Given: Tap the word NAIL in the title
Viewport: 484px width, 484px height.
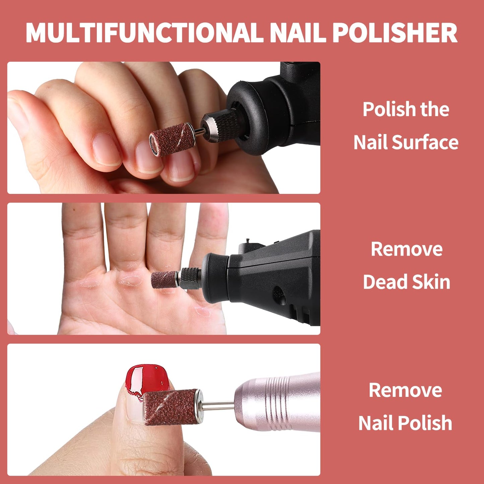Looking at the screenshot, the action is click(x=298, y=33).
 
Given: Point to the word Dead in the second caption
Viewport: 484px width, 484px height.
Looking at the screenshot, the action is click(x=384, y=281).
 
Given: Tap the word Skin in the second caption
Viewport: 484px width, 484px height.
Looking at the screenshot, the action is click(x=431, y=281).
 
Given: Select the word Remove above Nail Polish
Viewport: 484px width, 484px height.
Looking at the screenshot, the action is click(x=405, y=390).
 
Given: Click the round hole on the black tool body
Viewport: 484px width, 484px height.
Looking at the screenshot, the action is click(x=278, y=293).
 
